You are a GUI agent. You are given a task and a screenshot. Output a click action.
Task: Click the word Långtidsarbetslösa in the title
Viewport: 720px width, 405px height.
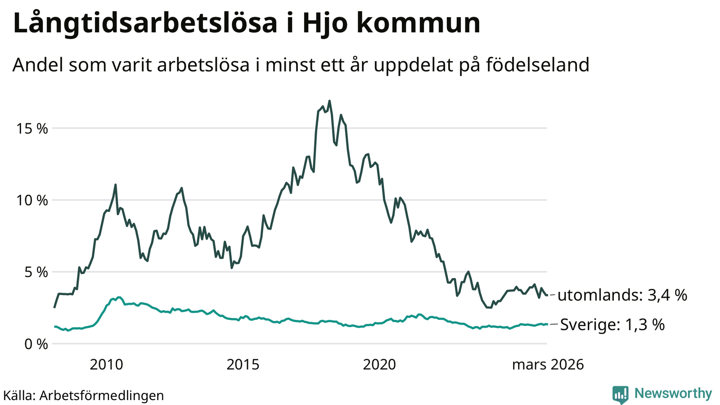[145, 23]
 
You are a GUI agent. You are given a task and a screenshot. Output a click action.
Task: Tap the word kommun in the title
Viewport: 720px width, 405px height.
[418, 23]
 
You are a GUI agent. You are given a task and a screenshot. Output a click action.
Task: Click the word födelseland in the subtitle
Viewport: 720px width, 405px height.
[537, 65]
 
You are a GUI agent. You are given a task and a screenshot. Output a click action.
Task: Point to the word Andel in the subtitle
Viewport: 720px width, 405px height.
[37, 65]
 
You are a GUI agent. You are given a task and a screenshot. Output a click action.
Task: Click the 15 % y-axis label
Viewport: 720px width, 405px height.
[32, 129]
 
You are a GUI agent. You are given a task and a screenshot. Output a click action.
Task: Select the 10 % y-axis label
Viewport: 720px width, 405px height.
[32, 200]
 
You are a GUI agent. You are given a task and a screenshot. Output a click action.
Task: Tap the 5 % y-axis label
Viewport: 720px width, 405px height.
[35, 272]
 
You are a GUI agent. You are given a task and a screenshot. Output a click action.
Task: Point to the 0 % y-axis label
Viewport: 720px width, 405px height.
[35, 344]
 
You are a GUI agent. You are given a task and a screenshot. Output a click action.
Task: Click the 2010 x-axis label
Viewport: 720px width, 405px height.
[106, 364]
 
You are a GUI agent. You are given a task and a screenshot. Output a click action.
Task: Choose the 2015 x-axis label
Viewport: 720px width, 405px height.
[243, 364]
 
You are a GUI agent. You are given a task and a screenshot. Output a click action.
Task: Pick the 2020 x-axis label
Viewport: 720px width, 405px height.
[379, 364]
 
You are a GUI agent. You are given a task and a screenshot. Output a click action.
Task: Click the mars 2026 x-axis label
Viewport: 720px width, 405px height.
[548, 364]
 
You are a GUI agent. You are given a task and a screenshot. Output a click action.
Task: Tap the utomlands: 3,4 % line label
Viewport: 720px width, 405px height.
[622, 296]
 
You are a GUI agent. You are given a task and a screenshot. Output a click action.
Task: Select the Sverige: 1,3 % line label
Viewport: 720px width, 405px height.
[612, 324]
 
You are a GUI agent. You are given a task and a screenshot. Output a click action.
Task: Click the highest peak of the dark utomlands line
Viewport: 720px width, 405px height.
[329, 101]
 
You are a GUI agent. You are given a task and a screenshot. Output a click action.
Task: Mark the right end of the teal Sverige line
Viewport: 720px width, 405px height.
[547, 324]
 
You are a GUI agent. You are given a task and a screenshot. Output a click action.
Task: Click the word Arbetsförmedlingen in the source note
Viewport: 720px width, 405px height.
[102, 396]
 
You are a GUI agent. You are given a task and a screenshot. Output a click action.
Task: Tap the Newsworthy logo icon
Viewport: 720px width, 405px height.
[620, 394]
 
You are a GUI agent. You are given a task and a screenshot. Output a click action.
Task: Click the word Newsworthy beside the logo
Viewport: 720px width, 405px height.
[673, 394]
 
